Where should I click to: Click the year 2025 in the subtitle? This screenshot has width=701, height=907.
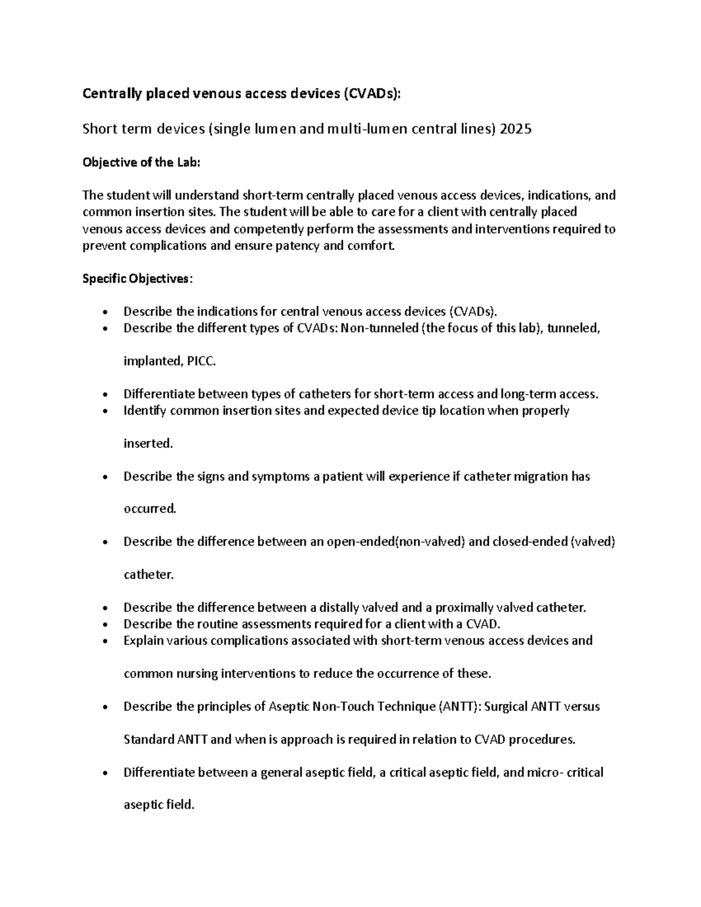(x=515, y=129)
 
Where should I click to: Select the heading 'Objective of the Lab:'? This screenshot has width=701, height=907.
(x=141, y=162)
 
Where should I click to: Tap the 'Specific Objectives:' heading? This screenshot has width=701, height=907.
(x=137, y=279)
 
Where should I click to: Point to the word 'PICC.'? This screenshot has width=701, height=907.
(x=201, y=362)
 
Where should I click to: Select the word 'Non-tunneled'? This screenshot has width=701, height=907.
(x=379, y=328)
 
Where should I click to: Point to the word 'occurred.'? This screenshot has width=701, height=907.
(x=150, y=509)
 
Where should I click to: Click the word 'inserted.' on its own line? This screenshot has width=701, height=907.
(x=148, y=444)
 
